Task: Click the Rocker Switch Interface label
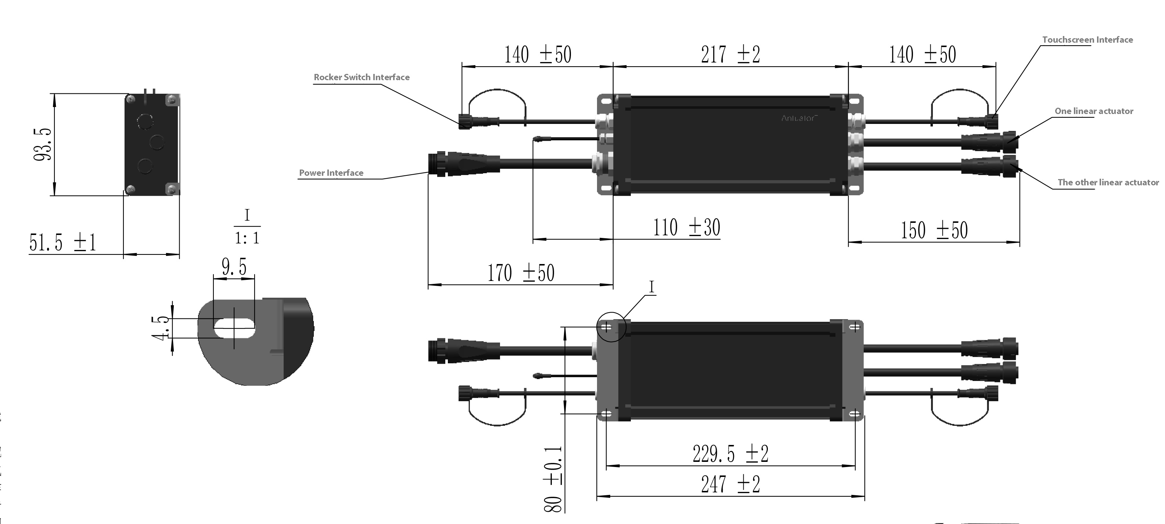[x=362, y=77]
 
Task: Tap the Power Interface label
[x=331, y=173]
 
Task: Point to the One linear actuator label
[x=1094, y=111]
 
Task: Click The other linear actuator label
[x=1108, y=182]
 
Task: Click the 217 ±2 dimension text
[x=730, y=55]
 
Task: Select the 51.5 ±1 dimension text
[x=63, y=243]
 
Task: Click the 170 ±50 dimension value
[x=521, y=273]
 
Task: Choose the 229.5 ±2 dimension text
[x=730, y=454]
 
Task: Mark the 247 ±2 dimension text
[x=730, y=485]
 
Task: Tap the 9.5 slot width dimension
[x=234, y=267]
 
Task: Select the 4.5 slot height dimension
[x=161, y=328]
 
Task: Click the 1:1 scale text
[x=247, y=238]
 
